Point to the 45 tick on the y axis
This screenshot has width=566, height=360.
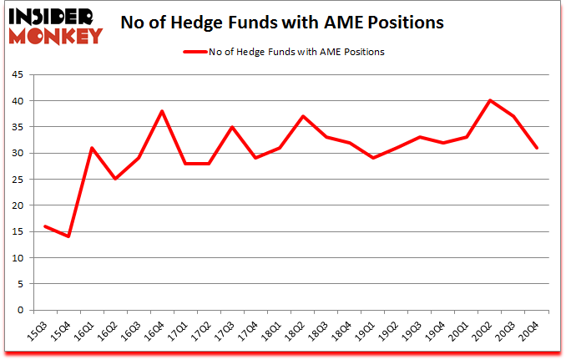[19, 74]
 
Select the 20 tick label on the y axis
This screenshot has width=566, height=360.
[19, 205]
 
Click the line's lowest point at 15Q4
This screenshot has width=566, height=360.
[68, 236]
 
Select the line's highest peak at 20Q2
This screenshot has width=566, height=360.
[490, 101]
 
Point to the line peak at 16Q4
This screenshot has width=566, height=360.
[162, 111]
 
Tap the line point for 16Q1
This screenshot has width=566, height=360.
[92, 148]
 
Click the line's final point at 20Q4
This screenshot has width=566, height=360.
[537, 148]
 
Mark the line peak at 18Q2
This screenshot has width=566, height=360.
[303, 116]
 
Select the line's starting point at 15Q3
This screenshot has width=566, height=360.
[45, 226]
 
